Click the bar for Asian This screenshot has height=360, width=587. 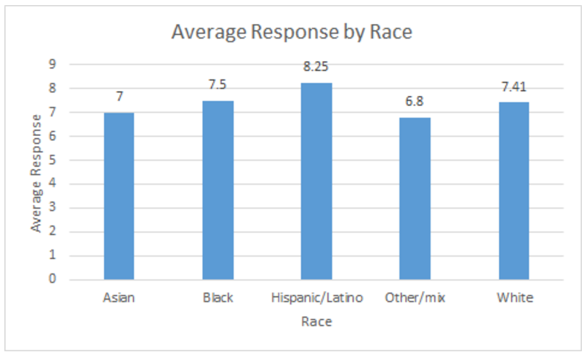click(x=119, y=196)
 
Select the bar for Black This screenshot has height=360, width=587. click(x=218, y=191)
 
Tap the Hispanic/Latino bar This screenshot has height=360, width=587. click(x=316, y=182)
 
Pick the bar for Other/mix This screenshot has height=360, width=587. click(x=415, y=199)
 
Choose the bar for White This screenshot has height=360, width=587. click(x=514, y=191)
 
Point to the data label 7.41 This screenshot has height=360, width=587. click(x=514, y=88)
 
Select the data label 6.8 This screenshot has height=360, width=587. click(x=415, y=102)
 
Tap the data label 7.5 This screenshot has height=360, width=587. click(x=218, y=85)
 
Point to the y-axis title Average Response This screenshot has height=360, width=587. click(x=36, y=173)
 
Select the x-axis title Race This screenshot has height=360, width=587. click(x=316, y=321)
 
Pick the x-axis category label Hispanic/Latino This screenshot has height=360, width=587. click(x=316, y=298)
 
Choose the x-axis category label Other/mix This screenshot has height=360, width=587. click(x=415, y=298)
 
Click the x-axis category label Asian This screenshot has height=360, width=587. click(x=119, y=298)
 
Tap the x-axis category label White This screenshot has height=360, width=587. click(x=514, y=298)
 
